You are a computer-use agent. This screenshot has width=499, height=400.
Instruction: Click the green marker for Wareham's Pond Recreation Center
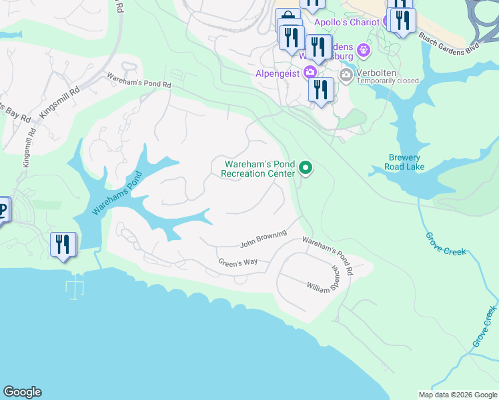tap(306, 168)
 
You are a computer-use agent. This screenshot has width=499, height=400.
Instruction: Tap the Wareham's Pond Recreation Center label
tap(259, 169)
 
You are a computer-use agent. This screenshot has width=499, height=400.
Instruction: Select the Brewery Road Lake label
tap(405, 162)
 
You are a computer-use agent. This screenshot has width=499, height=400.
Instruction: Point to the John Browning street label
tap(263, 238)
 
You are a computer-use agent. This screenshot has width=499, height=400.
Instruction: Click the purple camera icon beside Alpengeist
tap(310, 72)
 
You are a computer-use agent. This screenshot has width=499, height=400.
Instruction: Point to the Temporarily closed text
tap(388, 81)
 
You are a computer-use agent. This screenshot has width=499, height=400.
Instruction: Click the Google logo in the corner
tap(22, 392)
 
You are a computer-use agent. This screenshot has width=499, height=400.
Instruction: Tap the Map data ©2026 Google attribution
tap(458, 395)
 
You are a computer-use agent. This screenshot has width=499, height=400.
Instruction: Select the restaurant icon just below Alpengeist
tap(321, 89)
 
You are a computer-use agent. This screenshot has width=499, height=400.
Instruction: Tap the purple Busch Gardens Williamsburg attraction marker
tap(364, 49)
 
